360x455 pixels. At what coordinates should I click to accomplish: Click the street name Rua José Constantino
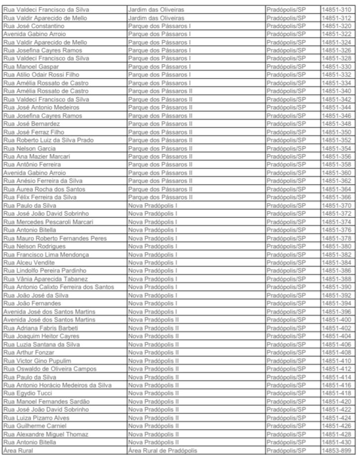[33, 26]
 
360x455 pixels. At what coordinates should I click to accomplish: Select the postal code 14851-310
[337, 9]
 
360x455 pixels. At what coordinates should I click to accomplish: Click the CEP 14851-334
[337, 83]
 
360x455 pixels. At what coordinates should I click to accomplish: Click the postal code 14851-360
[337, 173]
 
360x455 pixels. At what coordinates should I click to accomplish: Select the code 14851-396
[337, 312]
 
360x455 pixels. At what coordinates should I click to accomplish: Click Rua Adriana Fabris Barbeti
[41, 328]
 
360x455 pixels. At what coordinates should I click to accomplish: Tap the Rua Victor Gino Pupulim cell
[37, 360]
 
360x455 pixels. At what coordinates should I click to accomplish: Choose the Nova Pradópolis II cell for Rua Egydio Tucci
[153, 393]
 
